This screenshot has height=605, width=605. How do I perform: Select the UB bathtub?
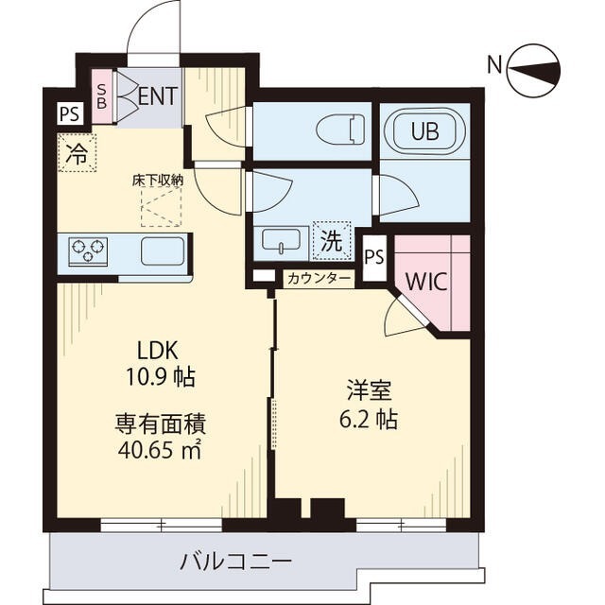pos(424,131)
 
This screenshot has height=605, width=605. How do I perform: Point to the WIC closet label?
pos(427,282)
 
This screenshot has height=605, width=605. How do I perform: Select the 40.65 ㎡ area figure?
pos(161,450)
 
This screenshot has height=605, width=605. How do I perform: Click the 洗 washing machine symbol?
pos(331,240)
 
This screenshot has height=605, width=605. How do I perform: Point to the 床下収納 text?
pos(157,179)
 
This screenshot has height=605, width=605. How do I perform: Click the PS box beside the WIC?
pos(374,256)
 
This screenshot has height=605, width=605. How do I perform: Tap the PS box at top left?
pos(68,114)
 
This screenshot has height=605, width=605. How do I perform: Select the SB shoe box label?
pos(102,96)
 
